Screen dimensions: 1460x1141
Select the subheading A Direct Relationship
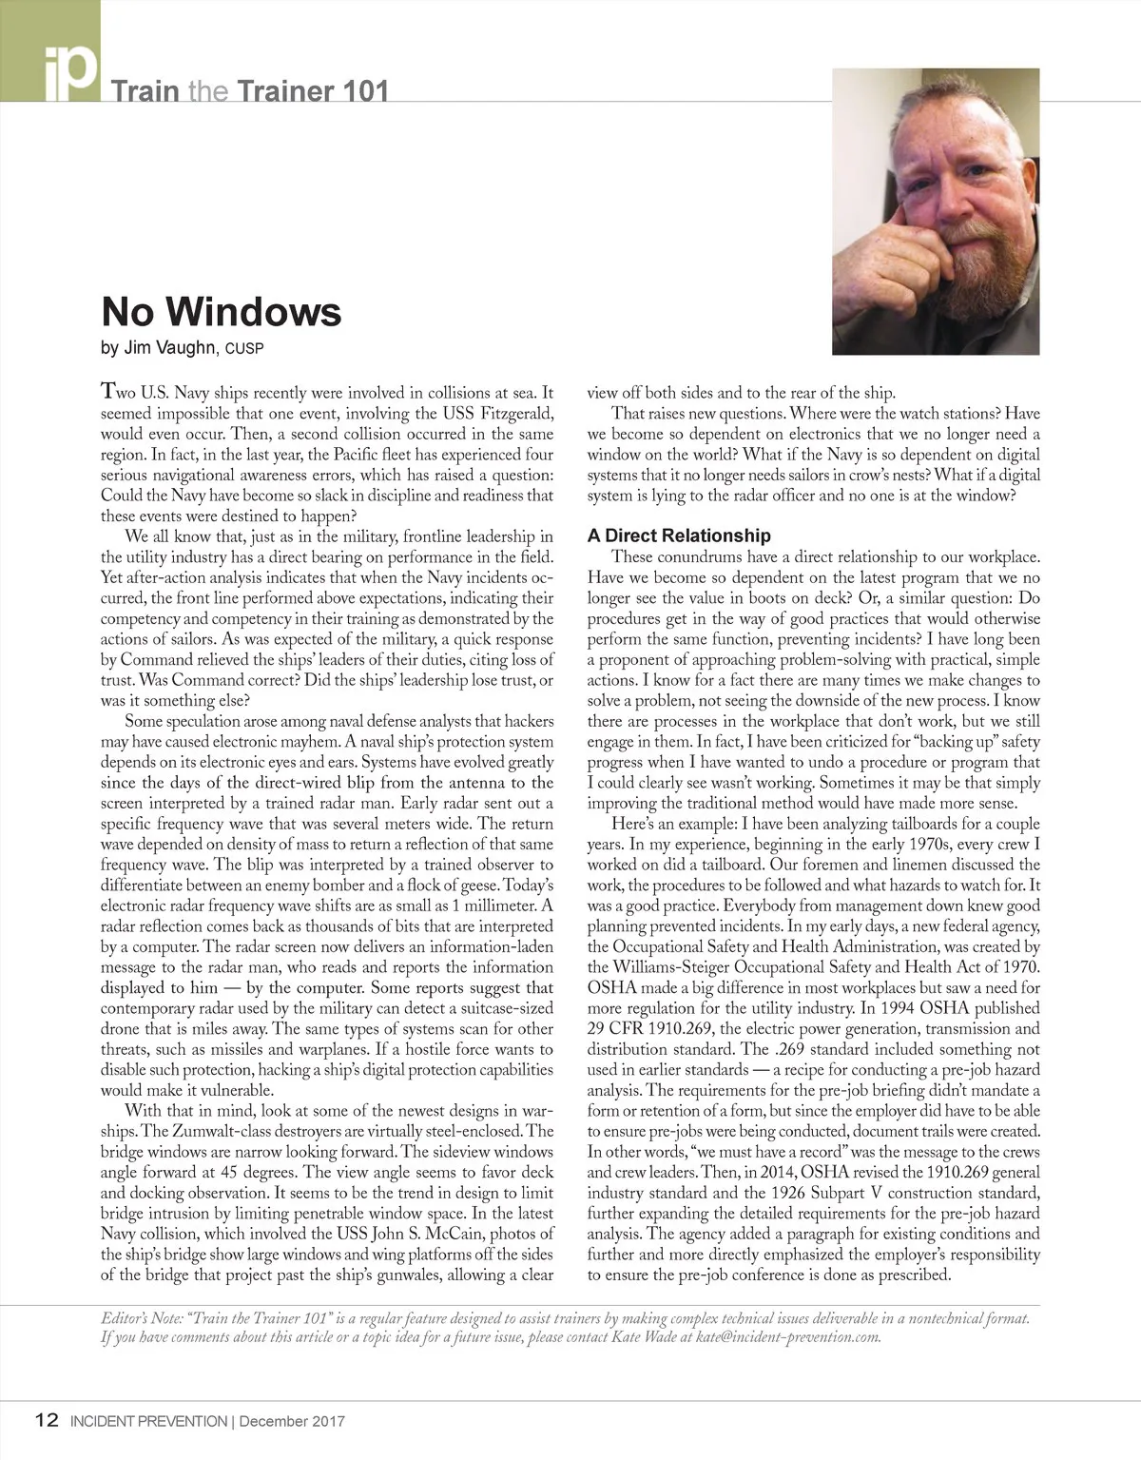[679, 535]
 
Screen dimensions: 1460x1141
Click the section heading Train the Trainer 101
[250, 92]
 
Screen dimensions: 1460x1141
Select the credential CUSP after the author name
[244, 349]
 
